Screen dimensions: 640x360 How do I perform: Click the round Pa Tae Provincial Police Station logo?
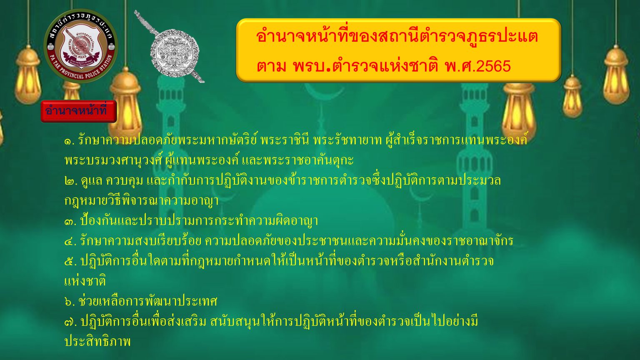(80, 46)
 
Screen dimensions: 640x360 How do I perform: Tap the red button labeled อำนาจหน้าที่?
(79, 111)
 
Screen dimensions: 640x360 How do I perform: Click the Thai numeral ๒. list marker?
(70, 181)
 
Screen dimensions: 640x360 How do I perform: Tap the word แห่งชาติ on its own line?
(85, 281)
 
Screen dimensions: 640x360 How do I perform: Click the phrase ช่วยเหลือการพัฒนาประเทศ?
(148, 301)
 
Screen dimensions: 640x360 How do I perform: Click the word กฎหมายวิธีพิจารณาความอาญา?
(142, 200)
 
